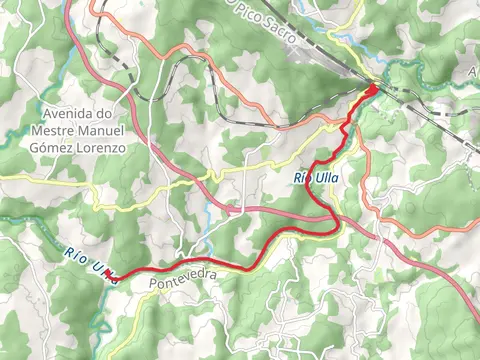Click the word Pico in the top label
pyautogui.click(x=249, y=12)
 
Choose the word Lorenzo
pyautogui.click(x=106, y=147)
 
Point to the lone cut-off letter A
pyautogui.click(x=473, y=74)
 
